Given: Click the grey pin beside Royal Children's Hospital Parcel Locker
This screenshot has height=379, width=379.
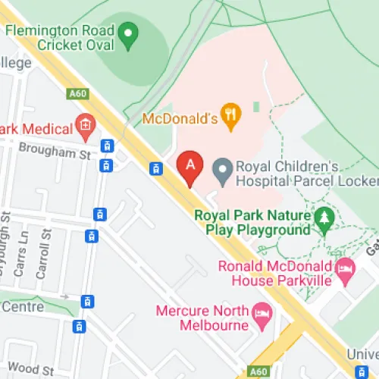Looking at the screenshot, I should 221,173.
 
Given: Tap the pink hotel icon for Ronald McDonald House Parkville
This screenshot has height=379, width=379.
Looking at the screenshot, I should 345,267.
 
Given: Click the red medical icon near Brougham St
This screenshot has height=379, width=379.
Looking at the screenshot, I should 86,124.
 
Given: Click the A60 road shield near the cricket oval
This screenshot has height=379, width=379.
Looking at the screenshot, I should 77,93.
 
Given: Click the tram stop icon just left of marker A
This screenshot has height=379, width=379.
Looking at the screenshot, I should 156,169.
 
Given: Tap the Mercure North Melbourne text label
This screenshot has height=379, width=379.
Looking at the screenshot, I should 202,318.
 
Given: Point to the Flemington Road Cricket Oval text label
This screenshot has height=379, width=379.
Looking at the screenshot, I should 61,39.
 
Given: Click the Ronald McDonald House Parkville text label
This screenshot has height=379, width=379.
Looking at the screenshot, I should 275,274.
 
